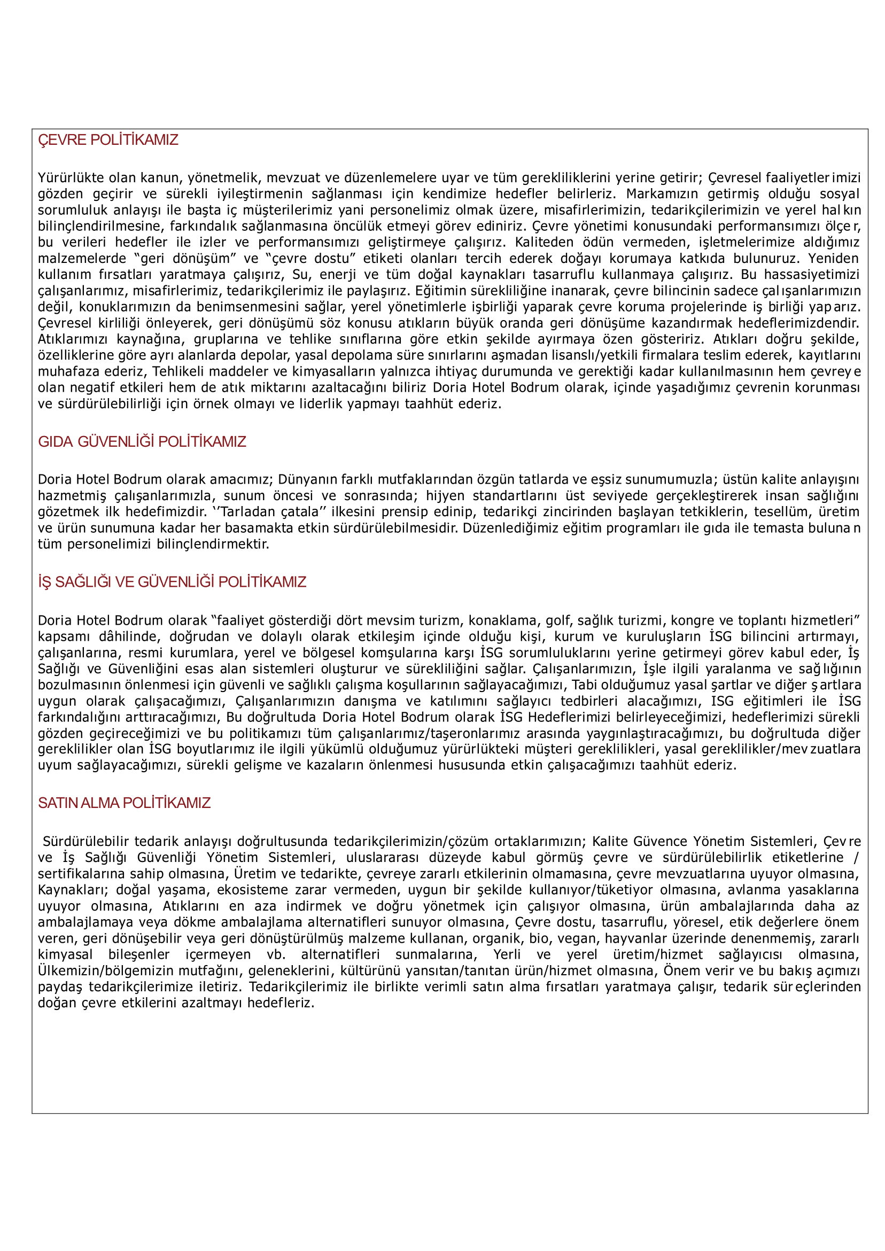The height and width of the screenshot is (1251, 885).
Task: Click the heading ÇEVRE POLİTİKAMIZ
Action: click(108, 140)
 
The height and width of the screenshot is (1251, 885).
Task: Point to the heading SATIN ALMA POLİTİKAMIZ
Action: click(124, 803)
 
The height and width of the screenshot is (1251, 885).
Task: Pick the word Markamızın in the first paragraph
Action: click(662, 194)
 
